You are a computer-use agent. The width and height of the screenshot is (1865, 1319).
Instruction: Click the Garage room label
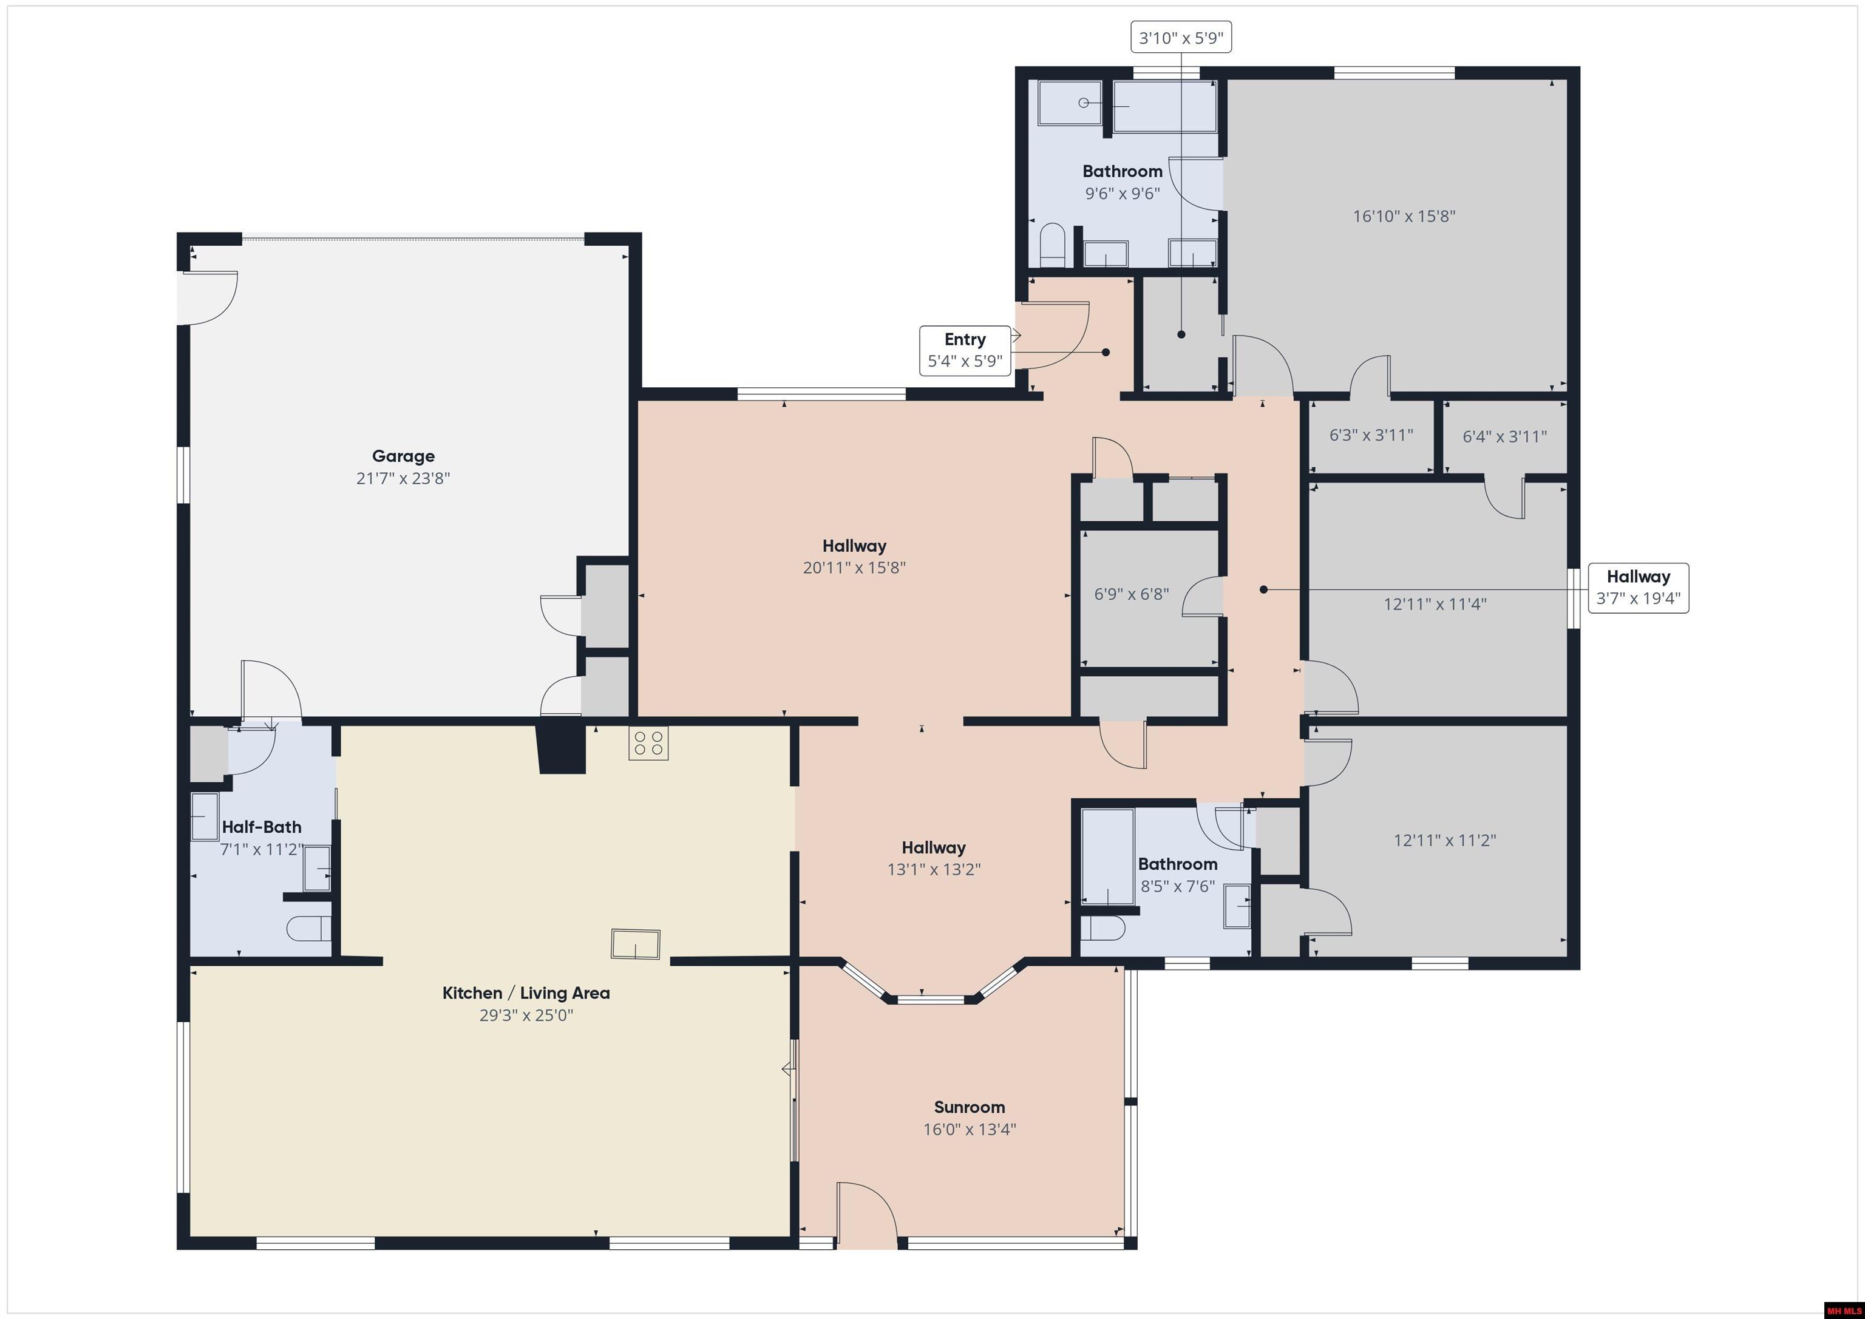point(403,456)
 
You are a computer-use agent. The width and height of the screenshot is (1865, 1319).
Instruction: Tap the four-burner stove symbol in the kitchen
point(648,742)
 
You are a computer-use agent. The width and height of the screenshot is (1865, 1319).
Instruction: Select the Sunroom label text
point(969,1107)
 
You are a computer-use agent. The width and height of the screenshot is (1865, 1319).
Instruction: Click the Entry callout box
point(965,350)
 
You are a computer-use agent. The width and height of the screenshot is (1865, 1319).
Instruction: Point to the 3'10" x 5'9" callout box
point(1181,38)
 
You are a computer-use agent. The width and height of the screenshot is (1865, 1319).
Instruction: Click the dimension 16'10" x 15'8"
point(1404,216)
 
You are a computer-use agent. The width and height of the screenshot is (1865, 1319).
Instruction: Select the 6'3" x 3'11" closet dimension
point(1371,435)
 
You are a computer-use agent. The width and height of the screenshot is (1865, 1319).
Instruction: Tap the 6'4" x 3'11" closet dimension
point(1504,437)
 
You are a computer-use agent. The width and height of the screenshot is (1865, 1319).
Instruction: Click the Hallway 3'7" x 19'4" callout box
point(1639,588)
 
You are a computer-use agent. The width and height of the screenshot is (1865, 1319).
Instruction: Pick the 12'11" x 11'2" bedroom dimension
point(1444,841)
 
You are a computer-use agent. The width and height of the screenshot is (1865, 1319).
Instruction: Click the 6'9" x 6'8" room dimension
point(1132,594)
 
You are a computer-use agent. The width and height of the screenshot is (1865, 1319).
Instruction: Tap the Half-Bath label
point(262,827)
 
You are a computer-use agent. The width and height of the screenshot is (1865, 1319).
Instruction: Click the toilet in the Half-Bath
point(311,928)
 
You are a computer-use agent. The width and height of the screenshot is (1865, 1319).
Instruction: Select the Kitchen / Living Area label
point(526,992)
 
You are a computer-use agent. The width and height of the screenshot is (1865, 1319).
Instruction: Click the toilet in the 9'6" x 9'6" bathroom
point(1052,245)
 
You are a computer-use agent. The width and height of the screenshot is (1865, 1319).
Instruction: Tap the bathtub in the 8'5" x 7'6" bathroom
point(1108,857)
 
